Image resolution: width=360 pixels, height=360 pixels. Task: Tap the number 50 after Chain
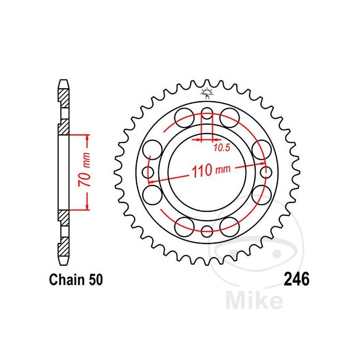pyautogui.click(x=96, y=280)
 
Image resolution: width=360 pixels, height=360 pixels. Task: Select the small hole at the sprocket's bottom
pyautogui.click(x=207, y=231)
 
